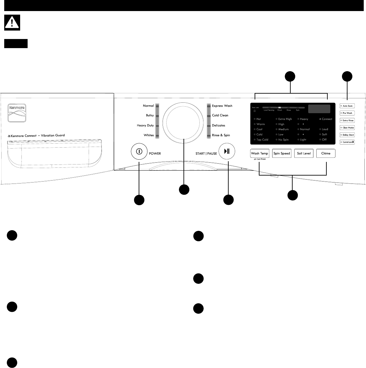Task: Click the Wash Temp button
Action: [259, 153]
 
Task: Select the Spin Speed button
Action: [281, 153]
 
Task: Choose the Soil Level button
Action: [304, 153]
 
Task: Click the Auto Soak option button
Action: [347, 106]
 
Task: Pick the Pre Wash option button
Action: [347, 113]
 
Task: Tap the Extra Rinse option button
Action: [347, 120]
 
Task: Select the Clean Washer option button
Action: [347, 128]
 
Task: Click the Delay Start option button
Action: [347, 135]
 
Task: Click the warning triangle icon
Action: [12, 22]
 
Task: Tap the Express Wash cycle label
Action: [222, 106]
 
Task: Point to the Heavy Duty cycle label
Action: [145, 125]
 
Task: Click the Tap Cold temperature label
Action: [262, 139]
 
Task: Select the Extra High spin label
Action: [285, 119]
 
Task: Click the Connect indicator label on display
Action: [327, 119]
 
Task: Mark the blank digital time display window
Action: [319, 109]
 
